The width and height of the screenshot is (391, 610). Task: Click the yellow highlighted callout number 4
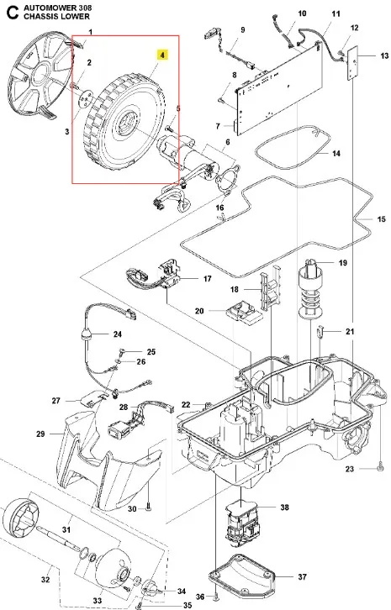click(x=162, y=55)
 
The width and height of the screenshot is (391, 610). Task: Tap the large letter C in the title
click(x=13, y=13)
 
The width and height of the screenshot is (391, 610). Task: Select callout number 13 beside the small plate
click(x=384, y=55)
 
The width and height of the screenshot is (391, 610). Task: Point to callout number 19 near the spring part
click(x=343, y=263)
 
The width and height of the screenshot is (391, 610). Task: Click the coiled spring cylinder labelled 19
click(x=312, y=287)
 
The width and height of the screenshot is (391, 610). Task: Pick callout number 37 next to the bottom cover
click(x=302, y=576)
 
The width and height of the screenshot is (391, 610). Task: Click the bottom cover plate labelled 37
click(x=241, y=575)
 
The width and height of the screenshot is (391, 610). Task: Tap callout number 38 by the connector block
click(x=285, y=507)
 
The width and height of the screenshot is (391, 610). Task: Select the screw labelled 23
click(x=380, y=469)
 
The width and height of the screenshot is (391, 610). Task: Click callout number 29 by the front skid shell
click(x=40, y=434)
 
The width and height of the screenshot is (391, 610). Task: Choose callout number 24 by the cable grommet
click(x=118, y=334)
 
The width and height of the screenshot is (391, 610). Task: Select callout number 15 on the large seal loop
click(x=381, y=219)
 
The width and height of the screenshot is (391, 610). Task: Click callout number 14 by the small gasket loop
click(x=336, y=154)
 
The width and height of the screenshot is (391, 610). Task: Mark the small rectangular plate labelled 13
click(x=352, y=63)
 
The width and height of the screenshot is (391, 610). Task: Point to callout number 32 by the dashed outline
click(x=45, y=580)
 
